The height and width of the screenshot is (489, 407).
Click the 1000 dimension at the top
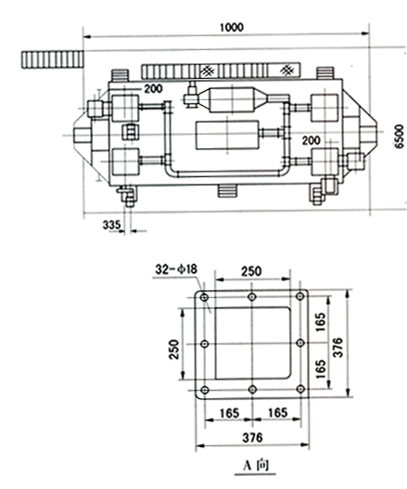pyautogui.click(x=232, y=28)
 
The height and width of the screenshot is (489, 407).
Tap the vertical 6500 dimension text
pyautogui.click(x=399, y=136)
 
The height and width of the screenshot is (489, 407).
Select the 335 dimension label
pyautogui.click(x=111, y=225)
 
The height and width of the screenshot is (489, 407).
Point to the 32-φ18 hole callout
pyautogui.click(x=176, y=269)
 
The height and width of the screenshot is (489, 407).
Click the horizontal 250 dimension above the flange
pyautogui.click(x=251, y=271)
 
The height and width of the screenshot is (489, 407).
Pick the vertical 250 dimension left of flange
pyautogui.click(x=174, y=349)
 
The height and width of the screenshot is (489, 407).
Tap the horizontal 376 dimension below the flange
pyautogui.click(x=252, y=438)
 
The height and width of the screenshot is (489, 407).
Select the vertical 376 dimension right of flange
pyautogui.click(x=337, y=347)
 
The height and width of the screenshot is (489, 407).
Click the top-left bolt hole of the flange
pyautogui.click(x=205, y=297)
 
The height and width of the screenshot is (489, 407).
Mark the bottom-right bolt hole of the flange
pyautogui.click(x=300, y=389)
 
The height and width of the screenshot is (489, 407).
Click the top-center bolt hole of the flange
pyautogui.click(x=252, y=297)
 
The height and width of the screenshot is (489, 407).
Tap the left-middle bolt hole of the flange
pyautogui.click(x=205, y=344)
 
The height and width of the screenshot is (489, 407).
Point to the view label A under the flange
pyautogui.click(x=248, y=466)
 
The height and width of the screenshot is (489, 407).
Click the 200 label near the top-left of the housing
pyautogui.click(x=153, y=89)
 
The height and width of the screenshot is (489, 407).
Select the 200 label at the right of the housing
pyautogui.click(x=311, y=140)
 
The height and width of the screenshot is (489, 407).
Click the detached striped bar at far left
pyautogui.click(x=53, y=59)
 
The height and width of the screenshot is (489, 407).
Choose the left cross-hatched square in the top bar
pyautogui.click(x=208, y=71)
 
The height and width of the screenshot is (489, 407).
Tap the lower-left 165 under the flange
pyautogui.click(x=229, y=413)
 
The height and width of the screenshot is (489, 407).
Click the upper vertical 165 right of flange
pyautogui.click(x=320, y=322)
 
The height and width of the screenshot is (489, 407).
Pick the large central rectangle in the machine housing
pyautogui.click(x=227, y=135)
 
